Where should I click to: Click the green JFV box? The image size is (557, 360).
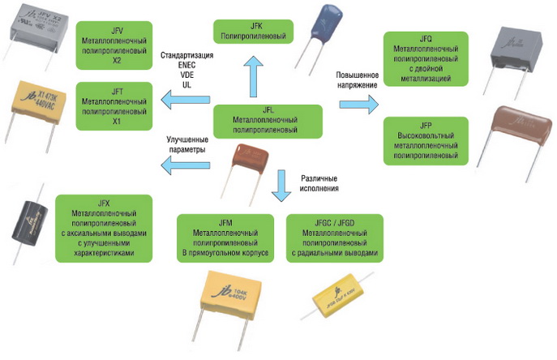[x=114, y=45]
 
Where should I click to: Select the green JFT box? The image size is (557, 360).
[x=114, y=105]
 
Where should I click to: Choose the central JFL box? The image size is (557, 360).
[x=267, y=122]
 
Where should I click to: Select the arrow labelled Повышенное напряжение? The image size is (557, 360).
[x=358, y=105]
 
